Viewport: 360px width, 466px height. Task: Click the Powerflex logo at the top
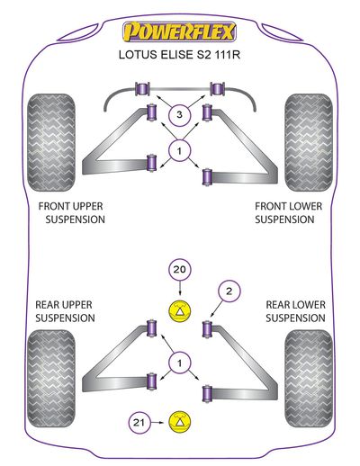[179, 31]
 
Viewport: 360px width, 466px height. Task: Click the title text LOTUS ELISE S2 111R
[179, 55]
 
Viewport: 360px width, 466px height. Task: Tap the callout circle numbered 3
[179, 114]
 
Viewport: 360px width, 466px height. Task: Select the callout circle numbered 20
[180, 270]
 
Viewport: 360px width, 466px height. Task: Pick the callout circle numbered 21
[139, 423]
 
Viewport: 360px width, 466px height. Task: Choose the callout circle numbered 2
[229, 291]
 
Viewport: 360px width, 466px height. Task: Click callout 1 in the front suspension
[179, 151]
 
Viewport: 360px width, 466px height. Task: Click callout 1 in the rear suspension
[179, 363]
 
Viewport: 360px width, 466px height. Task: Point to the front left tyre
[51, 143]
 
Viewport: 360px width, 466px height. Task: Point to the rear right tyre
[309, 379]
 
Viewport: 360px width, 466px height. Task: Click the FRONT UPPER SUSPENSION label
[72, 212]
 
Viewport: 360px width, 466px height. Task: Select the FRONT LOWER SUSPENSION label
[288, 212]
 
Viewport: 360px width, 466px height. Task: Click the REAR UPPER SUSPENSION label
[65, 311]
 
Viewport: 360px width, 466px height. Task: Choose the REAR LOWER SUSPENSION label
[295, 311]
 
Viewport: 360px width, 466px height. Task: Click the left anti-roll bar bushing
[142, 89]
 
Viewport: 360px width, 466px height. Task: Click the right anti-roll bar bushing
[218, 89]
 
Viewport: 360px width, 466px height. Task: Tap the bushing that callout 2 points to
[207, 328]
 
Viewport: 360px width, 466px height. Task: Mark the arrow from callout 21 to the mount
[157, 423]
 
